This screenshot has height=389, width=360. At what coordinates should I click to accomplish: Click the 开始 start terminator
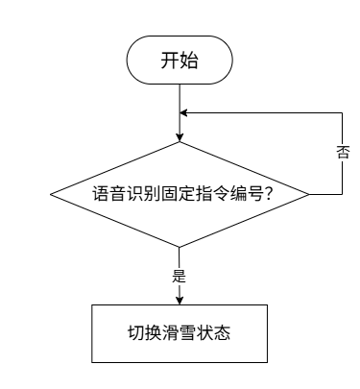[180, 60]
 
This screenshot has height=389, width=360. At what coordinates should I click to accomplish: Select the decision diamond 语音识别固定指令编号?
[180, 194]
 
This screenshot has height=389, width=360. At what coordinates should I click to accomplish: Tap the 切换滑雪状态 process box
[180, 333]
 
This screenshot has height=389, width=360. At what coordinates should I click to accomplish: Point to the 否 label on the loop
[342, 152]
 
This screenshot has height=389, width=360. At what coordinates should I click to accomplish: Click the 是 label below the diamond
[180, 276]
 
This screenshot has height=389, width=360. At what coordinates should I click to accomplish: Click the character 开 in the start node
[170, 61]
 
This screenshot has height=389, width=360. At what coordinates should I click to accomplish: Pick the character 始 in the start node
[189, 61]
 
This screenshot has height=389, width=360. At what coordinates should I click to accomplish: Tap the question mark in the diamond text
[269, 194]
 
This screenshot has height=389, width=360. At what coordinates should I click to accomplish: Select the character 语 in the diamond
[101, 194]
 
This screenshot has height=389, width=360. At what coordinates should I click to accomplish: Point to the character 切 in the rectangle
[136, 333]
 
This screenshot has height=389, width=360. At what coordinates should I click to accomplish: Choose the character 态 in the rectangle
[222, 333]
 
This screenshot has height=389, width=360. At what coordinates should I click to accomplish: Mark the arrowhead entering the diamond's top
[180, 137]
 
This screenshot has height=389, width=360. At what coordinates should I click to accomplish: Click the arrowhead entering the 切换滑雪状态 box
[180, 301]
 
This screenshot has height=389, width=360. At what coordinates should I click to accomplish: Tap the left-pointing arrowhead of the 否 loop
[183, 113]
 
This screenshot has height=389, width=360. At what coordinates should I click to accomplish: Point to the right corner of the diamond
[309, 194]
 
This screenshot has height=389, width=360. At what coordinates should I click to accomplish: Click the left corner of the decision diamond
[50, 194]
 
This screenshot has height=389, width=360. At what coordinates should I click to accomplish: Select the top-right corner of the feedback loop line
[342, 113]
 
